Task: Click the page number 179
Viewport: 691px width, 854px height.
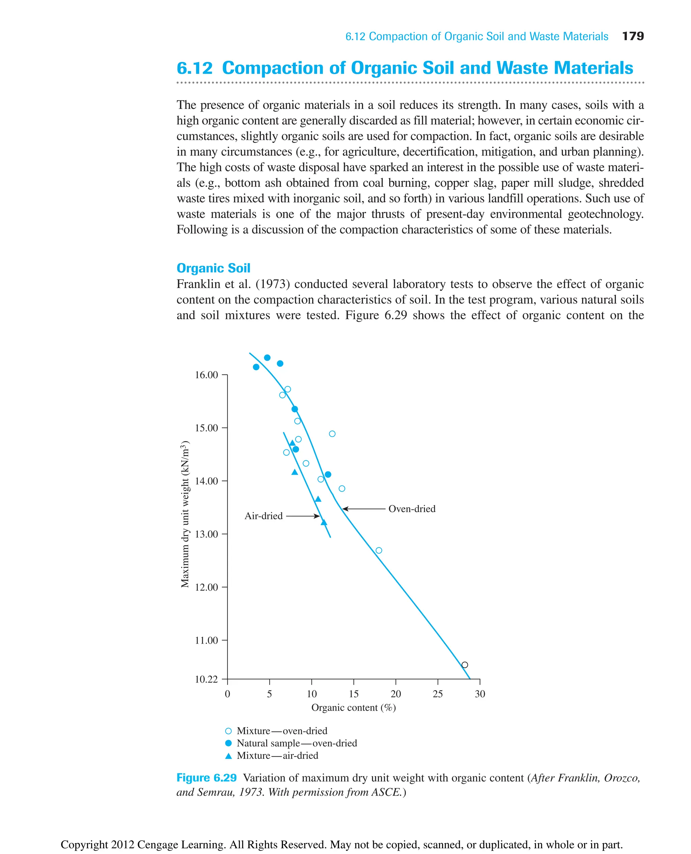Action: pos(633,36)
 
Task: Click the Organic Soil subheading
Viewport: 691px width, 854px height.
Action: pos(213,268)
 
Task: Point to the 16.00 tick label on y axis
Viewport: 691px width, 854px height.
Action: pos(206,375)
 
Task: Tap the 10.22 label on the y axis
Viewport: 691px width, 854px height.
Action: pos(206,679)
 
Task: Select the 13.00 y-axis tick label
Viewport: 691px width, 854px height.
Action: pos(206,534)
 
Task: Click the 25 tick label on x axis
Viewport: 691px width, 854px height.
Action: pos(438,694)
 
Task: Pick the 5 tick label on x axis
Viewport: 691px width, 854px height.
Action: pos(270,694)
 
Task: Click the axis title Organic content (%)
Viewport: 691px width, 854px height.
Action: pos(354,708)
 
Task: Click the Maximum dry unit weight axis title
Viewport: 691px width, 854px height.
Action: pos(185,514)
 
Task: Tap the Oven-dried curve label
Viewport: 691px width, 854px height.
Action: pos(412,509)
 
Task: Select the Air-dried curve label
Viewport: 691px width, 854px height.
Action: pos(264,516)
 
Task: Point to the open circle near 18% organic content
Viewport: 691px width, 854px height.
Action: pos(379,551)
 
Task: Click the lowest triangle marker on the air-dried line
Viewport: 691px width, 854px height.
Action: pos(324,523)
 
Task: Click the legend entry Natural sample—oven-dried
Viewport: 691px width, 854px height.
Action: pos(297,743)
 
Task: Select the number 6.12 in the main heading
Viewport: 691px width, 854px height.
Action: pos(195,68)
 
